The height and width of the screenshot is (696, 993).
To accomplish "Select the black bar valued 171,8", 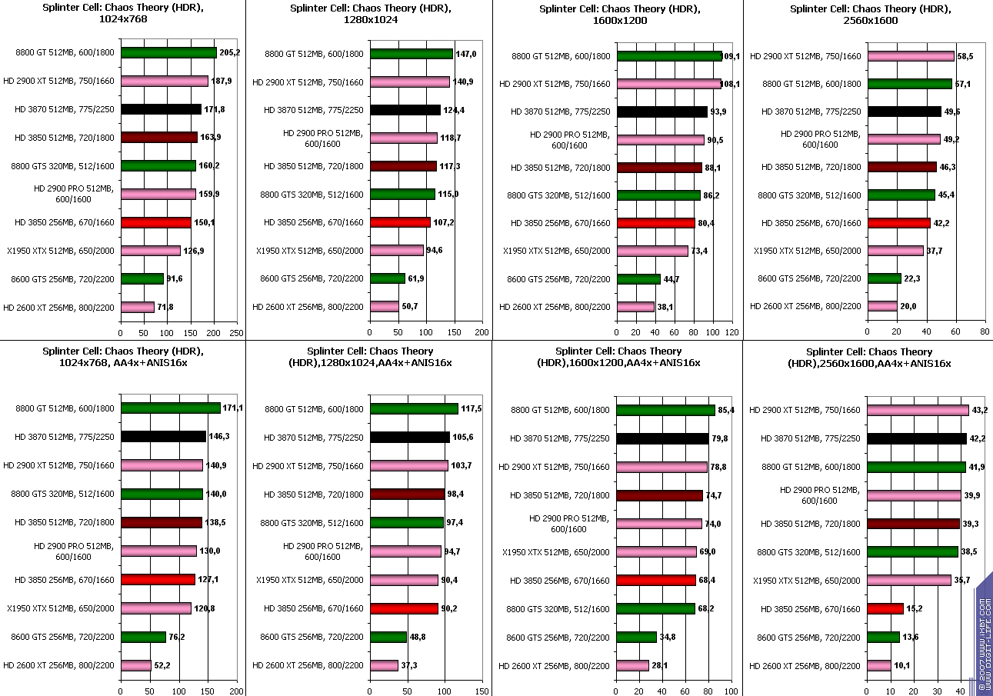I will tap(161, 109).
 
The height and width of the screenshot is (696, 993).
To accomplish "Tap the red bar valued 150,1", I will tap(155, 222).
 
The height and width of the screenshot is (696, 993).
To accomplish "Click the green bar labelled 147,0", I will tap(411, 54).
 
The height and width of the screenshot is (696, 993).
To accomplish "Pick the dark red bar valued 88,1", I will tap(659, 168).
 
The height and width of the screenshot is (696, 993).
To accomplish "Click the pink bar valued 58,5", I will tap(910, 56).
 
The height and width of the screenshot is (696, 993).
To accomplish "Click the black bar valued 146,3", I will tap(163, 437).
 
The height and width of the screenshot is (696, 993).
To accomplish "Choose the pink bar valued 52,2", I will tap(136, 665).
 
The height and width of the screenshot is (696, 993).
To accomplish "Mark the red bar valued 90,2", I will tap(404, 609).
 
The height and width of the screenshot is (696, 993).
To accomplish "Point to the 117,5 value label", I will tap(471, 408).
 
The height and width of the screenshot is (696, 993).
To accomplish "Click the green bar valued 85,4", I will tap(665, 411).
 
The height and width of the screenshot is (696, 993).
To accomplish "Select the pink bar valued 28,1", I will tap(632, 665).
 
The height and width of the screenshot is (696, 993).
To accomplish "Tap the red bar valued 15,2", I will tap(885, 609).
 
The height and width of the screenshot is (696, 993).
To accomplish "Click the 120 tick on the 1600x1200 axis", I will tap(731, 333).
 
